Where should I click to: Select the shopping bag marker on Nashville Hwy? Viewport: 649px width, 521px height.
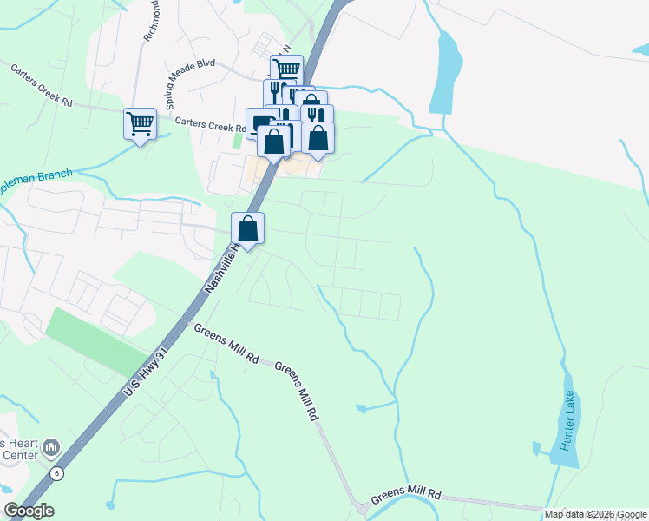coord(248,229)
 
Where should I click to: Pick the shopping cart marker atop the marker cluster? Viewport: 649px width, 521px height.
coord(285,69)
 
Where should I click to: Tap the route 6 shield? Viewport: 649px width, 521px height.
coord(57,473)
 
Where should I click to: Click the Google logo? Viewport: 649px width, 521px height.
coord(29,511)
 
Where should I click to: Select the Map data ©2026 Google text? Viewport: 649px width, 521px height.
coord(595,514)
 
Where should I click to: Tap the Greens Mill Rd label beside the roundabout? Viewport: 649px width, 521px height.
coord(406,496)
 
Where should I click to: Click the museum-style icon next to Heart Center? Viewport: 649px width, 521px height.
coord(51,447)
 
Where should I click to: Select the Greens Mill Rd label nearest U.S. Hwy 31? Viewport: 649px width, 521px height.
coord(227,343)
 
